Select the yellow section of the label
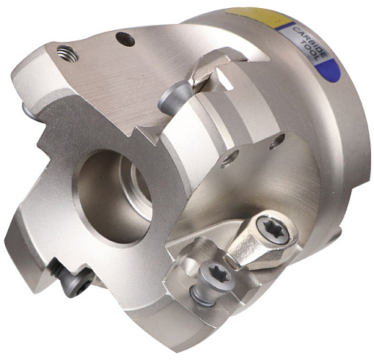[x=259, y=16]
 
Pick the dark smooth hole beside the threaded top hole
[x=125, y=40]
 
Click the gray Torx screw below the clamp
[x=216, y=276]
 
